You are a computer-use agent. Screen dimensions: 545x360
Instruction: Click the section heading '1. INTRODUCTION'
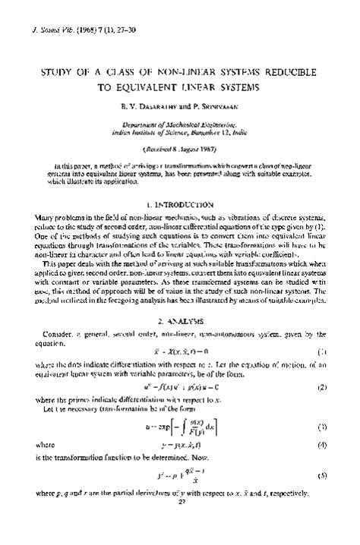click(x=180, y=205)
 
